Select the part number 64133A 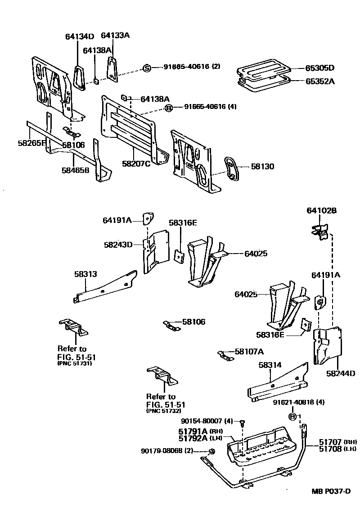click(115, 35)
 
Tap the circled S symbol click(146, 68)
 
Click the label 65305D click(320, 68)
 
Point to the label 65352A click(320, 82)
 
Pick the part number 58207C click(136, 163)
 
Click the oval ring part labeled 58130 click(233, 170)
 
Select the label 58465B click(76, 170)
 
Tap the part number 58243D click(118, 245)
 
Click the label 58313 click(85, 273)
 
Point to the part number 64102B click(322, 210)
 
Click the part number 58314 click(270, 365)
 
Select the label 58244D click(341, 373)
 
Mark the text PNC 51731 click(75, 364)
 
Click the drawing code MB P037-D click(331, 491)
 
